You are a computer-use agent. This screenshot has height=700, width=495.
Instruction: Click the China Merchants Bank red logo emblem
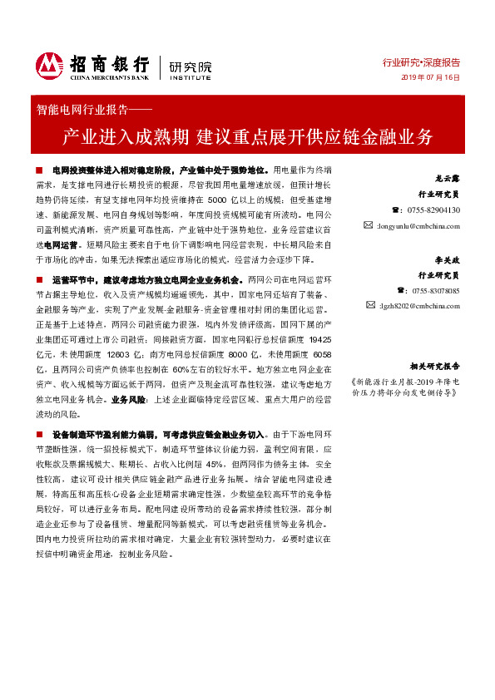click(x=49, y=64)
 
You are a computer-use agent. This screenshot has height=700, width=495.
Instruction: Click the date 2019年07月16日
click(x=432, y=76)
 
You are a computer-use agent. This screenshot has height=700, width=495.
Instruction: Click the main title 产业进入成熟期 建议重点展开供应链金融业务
click(x=247, y=135)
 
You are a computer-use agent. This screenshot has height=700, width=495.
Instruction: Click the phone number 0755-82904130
click(x=424, y=210)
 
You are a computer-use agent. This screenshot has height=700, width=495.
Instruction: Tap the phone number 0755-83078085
click(x=424, y=291)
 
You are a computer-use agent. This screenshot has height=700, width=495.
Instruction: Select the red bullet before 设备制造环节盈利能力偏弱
click(x=42, y=435)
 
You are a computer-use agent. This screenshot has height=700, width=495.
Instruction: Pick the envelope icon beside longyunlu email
click(x=368, y=225)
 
